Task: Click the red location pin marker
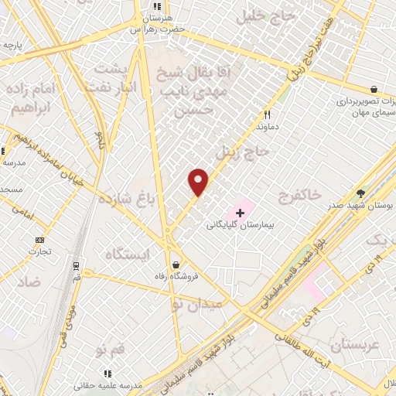pyautogui.click(x=199, y=182)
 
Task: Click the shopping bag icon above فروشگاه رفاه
pyautogui.click(x=177, y=263)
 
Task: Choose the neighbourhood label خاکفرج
pyautogui.click(x=295, y=196)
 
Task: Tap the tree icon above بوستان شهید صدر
pyautogui.click(x=360, y=193)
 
